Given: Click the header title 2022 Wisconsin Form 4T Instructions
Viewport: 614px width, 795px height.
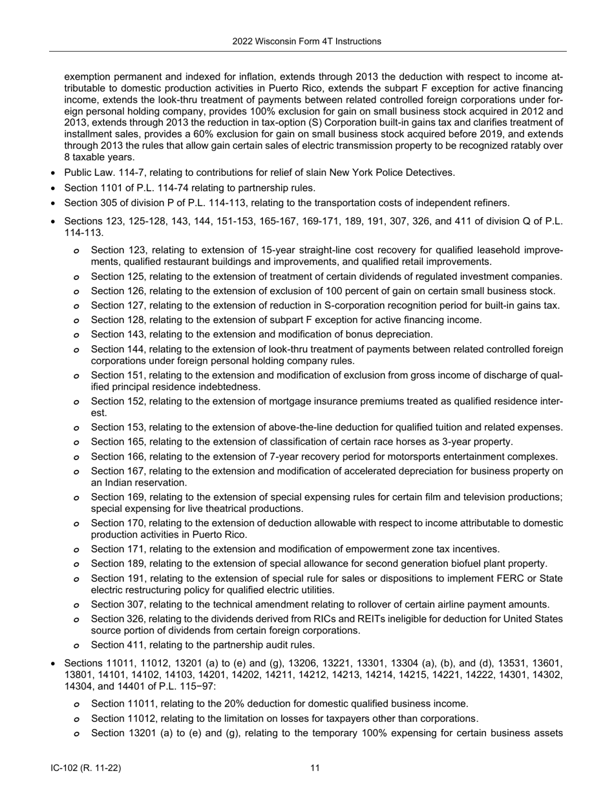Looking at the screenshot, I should point(306,41).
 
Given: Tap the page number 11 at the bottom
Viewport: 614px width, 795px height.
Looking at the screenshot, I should point(315,768).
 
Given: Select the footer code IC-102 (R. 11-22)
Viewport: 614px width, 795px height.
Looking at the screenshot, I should point(86,768).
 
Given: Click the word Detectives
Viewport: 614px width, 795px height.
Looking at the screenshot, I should point(429,173).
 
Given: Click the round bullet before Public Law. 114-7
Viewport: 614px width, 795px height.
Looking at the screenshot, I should point(53,173).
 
